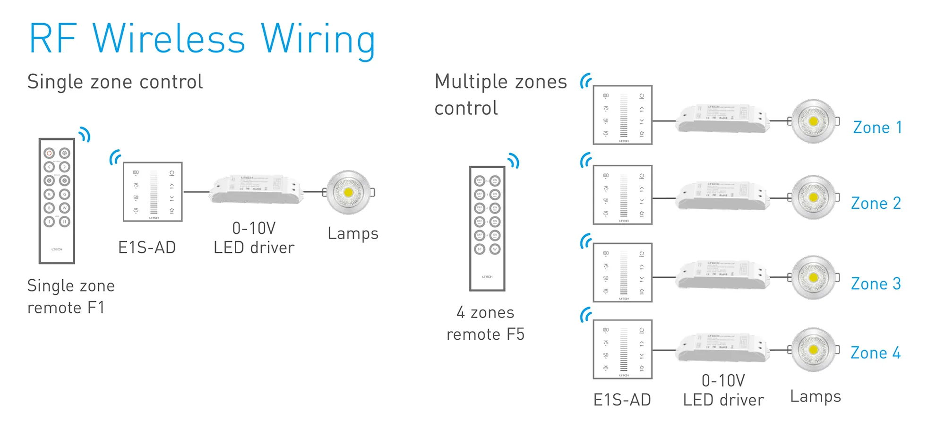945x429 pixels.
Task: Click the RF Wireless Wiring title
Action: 202,40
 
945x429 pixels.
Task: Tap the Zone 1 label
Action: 877,128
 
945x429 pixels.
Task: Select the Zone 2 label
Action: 876,204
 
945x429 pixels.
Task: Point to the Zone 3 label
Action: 876,284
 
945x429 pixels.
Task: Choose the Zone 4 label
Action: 876,353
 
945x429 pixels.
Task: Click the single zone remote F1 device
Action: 57,201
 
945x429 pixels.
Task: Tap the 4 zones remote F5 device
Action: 487,228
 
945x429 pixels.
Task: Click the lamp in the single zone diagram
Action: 349,192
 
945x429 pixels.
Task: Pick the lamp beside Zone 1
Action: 813,121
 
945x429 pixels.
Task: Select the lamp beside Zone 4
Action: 813,350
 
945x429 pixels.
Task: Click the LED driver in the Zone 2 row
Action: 722,196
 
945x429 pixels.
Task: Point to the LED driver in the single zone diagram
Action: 256,189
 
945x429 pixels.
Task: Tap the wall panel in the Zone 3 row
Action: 623,273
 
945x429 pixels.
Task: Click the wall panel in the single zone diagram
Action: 153,192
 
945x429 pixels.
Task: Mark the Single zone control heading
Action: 115,82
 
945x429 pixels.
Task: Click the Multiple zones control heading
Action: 500,94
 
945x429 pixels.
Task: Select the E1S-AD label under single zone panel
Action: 147,248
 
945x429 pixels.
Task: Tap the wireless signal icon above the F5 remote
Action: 514,161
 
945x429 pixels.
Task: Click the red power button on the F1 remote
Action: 49,153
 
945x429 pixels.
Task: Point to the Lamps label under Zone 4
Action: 816,397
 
